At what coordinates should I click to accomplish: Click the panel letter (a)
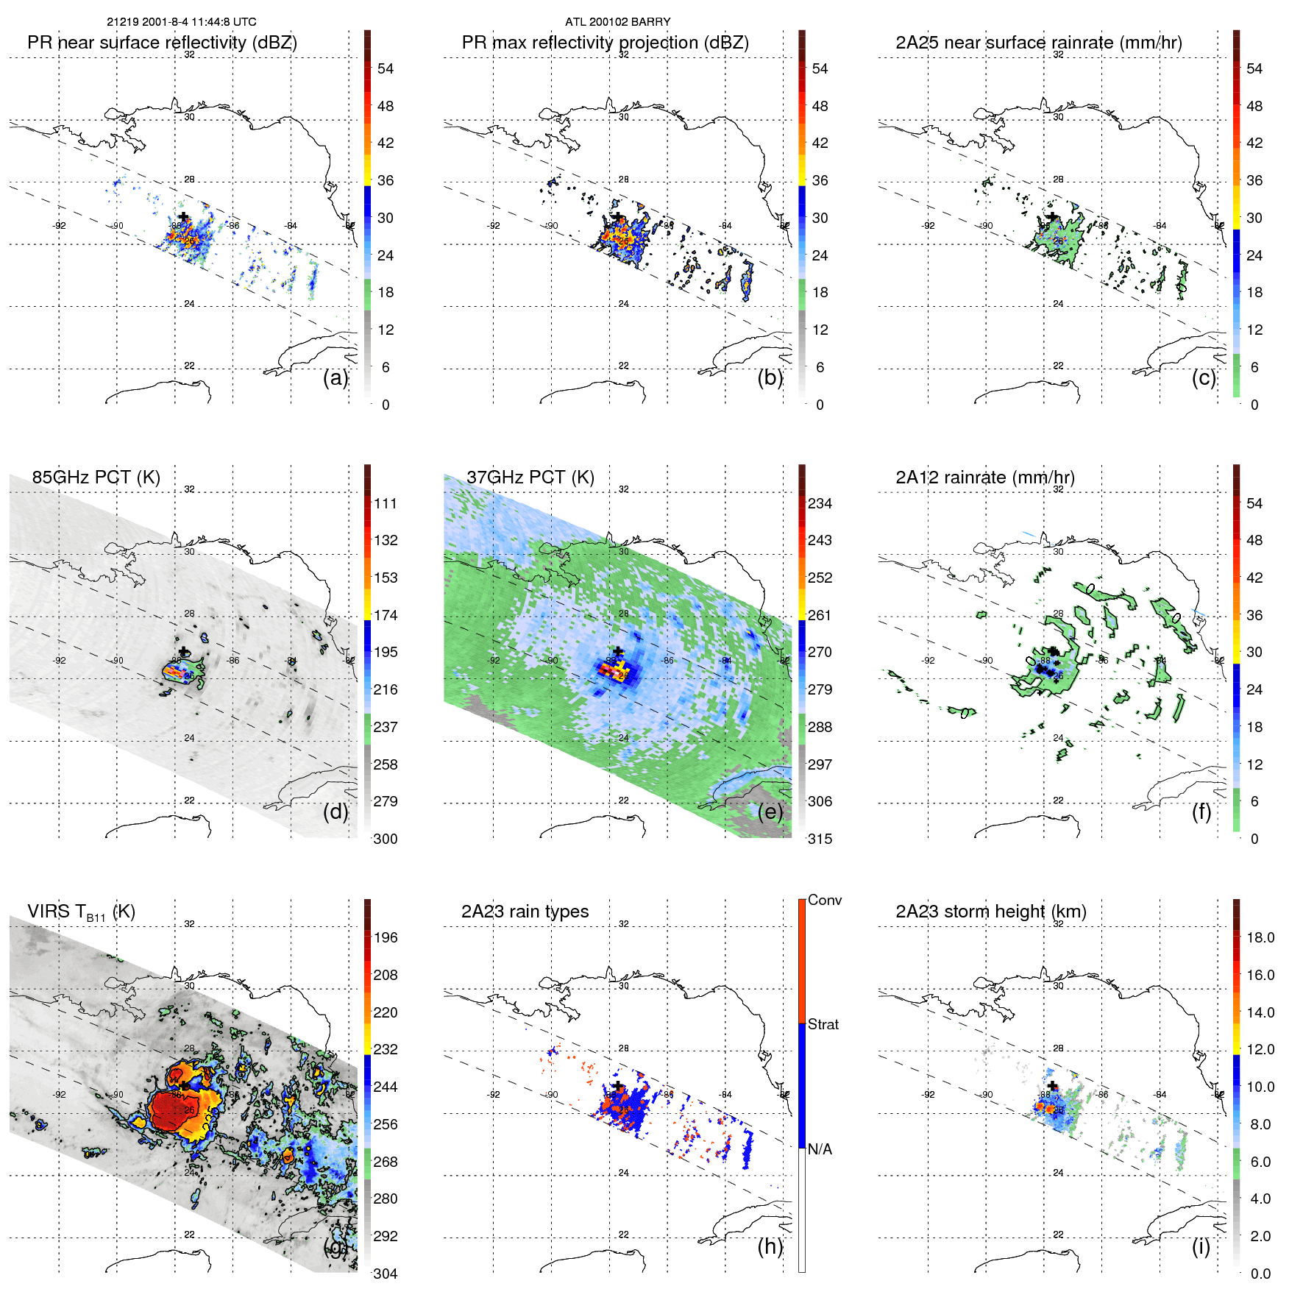click(335, 378)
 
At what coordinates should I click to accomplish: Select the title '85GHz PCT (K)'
click(96, 477)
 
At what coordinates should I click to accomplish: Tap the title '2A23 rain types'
click(525, 912)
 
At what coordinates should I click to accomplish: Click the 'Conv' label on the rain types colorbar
click(824, 901)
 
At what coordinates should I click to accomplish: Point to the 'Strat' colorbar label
click(823, 1025)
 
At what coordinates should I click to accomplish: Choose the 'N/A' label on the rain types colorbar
click(820, 1149)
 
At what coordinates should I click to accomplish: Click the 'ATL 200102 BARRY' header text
click(617, 22)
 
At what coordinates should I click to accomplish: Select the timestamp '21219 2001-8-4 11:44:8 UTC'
click(181, 22)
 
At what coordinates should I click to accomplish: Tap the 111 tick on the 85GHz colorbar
click(386, 504)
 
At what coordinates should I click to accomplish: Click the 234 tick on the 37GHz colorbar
click(820, 504)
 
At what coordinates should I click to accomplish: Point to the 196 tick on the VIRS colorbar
click(386, 938)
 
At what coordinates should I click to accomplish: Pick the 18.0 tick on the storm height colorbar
click(1260, 938)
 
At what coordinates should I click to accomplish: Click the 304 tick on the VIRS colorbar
click(386, 1274)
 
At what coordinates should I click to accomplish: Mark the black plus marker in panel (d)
click(183, 652)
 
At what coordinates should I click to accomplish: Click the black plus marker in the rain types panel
click(618, 1086)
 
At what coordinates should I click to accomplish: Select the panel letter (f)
click(1201, 812)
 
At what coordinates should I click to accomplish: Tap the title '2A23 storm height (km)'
click(990, 912)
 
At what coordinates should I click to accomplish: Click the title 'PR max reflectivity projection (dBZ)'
click(605, 43)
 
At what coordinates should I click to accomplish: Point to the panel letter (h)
click(770, 1246)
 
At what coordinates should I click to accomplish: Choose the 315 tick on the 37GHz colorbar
click(820, 839)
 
